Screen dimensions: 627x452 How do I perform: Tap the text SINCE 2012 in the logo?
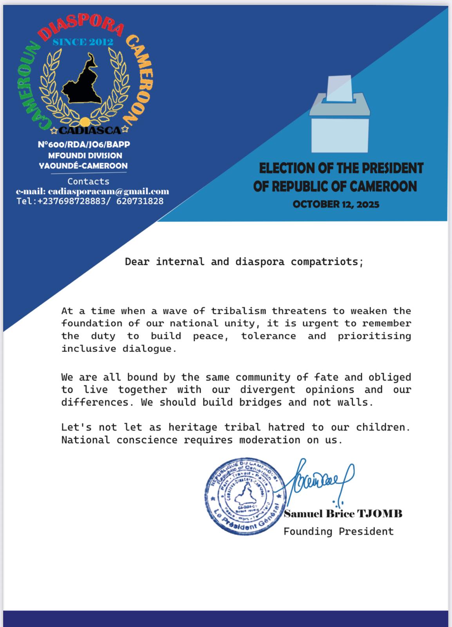pyautogui.click(x=83, y=42)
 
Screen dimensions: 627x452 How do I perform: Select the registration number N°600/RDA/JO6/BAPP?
pyautogui.click(x=84, y=145)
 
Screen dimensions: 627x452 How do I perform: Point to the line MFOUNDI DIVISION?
pyautogui.click(x=85, y=156)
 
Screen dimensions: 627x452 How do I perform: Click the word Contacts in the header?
pyautogui.click(x=88, y=181)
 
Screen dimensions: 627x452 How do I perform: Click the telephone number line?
pyautogui.click(x=90, y=201)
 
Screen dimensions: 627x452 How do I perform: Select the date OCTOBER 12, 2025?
pyautogui.click(x=336, y=204)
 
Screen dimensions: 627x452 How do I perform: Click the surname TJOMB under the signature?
pyautogui.click(x=381, y=514)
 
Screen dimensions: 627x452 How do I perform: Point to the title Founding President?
pyautogui.click(x=338, y=532)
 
